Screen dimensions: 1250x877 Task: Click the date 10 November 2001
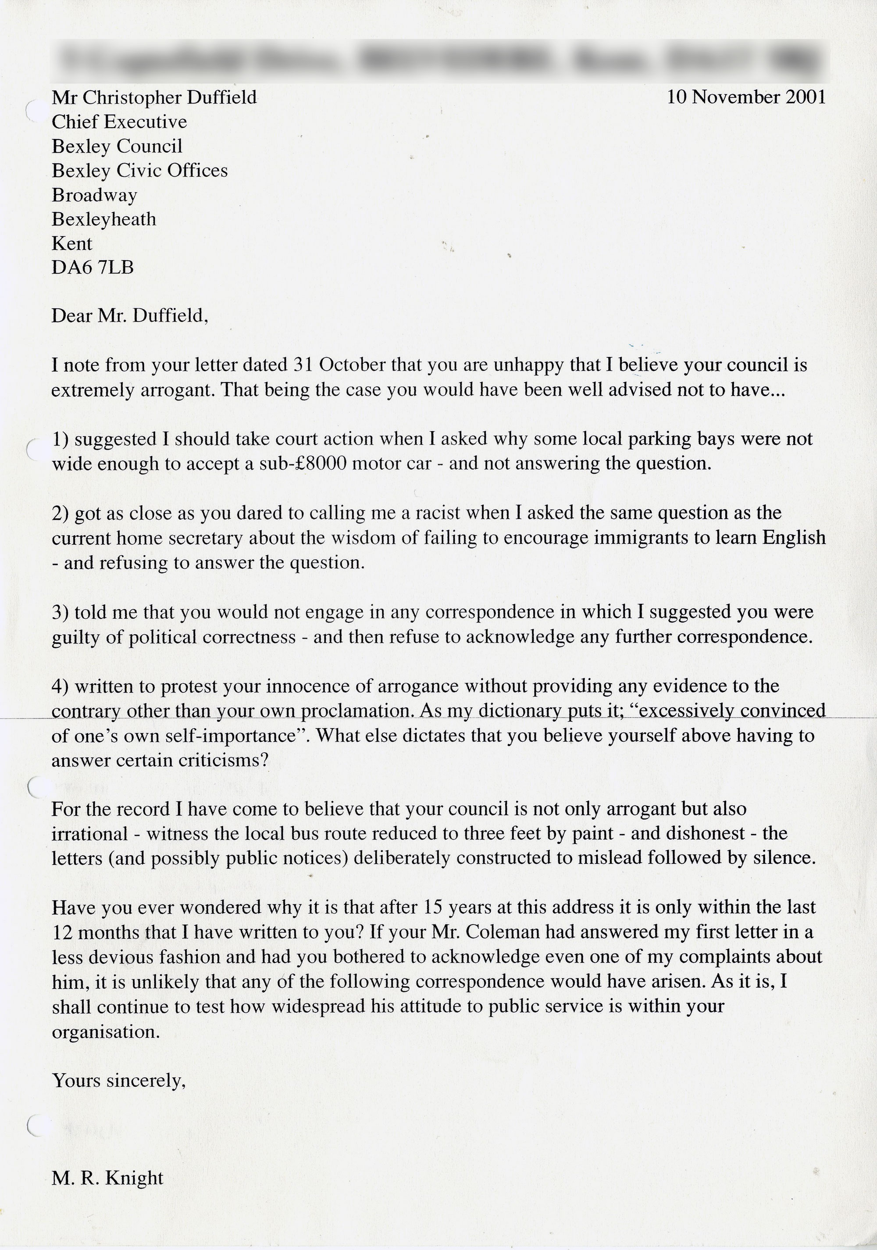746,97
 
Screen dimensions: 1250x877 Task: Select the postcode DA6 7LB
93,267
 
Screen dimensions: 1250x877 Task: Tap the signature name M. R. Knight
107,1178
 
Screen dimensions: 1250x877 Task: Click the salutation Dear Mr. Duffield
129,316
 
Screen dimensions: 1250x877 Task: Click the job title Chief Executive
119,122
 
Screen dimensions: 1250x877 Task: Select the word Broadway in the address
94,195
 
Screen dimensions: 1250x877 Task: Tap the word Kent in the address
72,243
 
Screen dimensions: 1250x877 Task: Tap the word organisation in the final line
106,1032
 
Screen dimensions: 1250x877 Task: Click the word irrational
90,833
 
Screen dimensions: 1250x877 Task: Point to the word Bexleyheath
104,219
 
